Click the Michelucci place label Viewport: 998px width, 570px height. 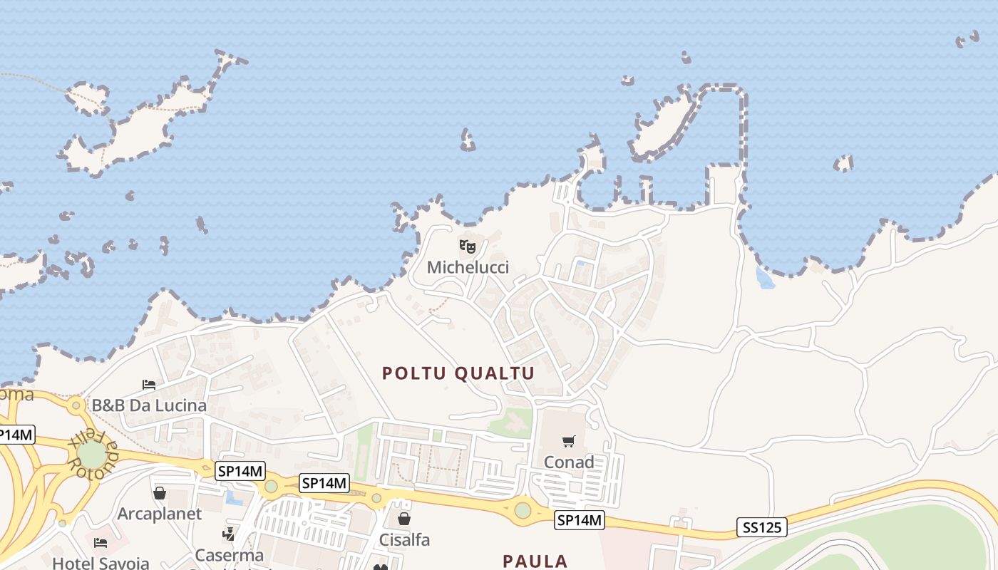[468, 267]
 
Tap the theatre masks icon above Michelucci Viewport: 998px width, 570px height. [468, 247]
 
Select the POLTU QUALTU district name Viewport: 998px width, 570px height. [458, 373]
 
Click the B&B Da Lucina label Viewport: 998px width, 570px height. [149, 405]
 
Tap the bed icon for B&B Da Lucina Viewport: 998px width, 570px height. [149, 385]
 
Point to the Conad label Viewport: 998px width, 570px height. [569, 462]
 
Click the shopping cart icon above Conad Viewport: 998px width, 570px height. [568, 442]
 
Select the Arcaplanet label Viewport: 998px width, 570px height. [160, 514]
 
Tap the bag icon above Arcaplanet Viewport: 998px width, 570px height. [160, 493]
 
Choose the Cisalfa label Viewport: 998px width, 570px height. [404, 540]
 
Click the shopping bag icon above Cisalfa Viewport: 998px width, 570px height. [404, 519]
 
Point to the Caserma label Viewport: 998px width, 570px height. [230, 555]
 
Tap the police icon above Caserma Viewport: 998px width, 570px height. [229, 534]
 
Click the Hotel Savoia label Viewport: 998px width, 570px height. [101, 563]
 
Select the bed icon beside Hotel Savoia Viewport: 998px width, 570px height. [101, 543]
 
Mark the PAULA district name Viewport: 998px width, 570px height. [535, 561]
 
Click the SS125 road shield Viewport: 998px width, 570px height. [761, 528]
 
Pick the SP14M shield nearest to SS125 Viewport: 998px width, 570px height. [580, 521]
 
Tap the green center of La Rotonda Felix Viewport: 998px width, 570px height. [91, 455]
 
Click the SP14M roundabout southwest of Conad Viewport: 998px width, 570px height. [523, 510]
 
